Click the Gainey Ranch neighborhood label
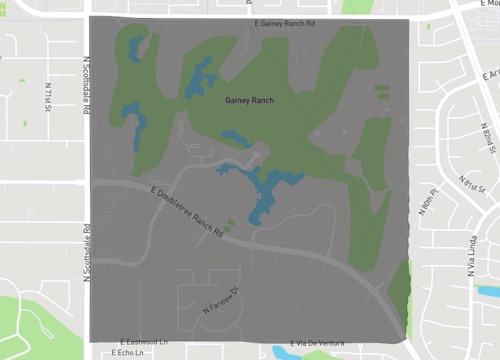(249, 100)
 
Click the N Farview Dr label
(223, 299)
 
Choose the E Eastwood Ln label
(144, 342)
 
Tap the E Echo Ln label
(128, 353)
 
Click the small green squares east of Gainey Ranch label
(381, 92)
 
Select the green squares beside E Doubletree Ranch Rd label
(230, 226)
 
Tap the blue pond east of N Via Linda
(489, 291)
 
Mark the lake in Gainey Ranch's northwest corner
(136, 44)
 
